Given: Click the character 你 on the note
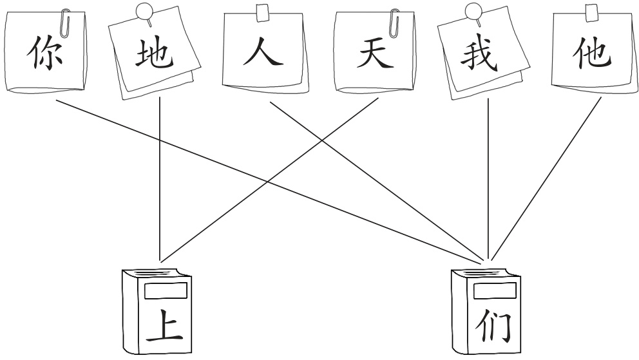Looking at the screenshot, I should (x=44, y=55).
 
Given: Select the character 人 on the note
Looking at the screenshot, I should (x=263, y=55).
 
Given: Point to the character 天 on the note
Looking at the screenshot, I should (x=375, y=55).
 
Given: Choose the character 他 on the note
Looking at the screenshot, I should (x=591, y=55).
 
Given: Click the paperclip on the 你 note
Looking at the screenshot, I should (x=64, y=23).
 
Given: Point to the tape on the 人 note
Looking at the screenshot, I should (x=263, y=12).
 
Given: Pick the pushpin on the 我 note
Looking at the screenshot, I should (x=475, y=12).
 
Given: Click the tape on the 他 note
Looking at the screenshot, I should (x=591, y=12).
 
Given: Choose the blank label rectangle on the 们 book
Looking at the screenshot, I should (x=495, y=291).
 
